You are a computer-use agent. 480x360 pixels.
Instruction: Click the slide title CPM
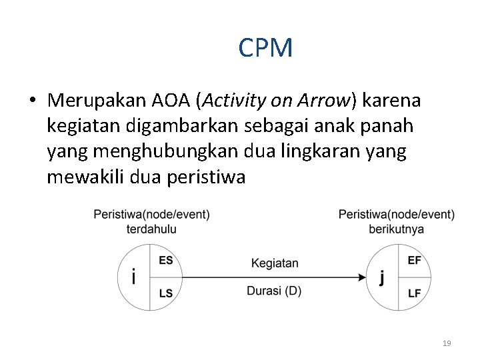click(x=265, y=48)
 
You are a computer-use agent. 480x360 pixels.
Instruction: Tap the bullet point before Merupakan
click(x=32, y=101)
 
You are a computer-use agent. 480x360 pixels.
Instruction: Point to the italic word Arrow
click(x=327, y=101)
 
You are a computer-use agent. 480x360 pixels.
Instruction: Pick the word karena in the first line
click(x=394, y=101)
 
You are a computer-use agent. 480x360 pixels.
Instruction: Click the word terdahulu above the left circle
click(x=151, y=229)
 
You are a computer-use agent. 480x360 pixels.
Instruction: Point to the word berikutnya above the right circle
click(x=396, y=229)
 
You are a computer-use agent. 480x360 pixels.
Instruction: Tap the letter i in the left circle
click(x=134, y=276)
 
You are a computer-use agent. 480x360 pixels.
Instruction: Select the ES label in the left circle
click(x=165, y=261)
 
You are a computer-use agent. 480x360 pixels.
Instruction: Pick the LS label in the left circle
click(x=165, y=293)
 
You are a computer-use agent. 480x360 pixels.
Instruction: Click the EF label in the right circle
click(x=414, y=261)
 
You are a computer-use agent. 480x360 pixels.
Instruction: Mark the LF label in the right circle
click(x=414, y=293)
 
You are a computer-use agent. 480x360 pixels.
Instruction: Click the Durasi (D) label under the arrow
click(x=274, y=291)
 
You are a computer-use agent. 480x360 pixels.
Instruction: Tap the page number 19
click(x=447, y=343)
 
